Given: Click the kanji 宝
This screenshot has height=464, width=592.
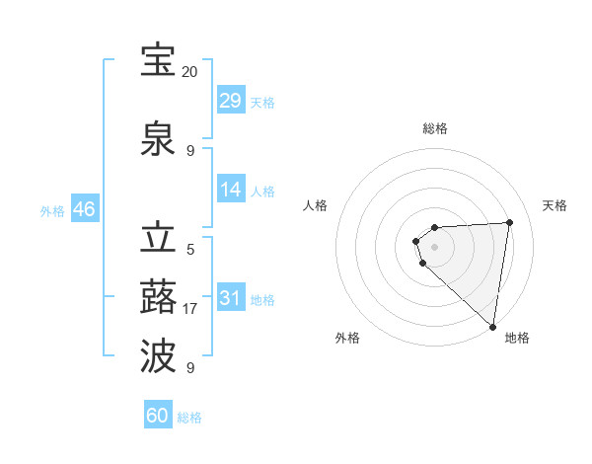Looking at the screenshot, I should (158, 62).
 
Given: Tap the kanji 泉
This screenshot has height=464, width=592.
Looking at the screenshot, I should (158, 140).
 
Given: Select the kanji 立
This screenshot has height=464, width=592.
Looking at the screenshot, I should (158, 240).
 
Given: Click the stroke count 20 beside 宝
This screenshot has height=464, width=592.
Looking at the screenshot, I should (190, 72).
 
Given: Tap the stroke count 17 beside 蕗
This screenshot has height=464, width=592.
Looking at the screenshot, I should (190, 309).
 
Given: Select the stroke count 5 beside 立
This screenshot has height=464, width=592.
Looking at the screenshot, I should (190, 250).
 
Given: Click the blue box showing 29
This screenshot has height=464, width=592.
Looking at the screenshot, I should (231, 101).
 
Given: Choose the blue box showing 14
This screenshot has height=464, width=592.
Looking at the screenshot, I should (231, 190).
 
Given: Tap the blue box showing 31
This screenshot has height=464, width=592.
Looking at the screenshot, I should (231, 298).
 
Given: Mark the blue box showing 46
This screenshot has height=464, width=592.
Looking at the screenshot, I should (84, 209).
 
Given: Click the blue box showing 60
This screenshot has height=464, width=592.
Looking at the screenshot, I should (158, 416).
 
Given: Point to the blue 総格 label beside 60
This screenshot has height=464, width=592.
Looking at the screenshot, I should (190, 418).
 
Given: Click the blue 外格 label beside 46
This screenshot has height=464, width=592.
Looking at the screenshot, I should (52, 211).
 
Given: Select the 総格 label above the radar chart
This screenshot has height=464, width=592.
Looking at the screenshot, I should (435, 128).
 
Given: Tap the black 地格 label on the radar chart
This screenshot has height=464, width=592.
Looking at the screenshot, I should (517, 339).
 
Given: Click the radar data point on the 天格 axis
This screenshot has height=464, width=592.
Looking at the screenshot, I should (509, 222).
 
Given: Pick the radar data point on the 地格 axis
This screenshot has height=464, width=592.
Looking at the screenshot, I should (492, 326).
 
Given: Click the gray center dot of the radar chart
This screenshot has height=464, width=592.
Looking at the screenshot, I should (434, 246).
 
